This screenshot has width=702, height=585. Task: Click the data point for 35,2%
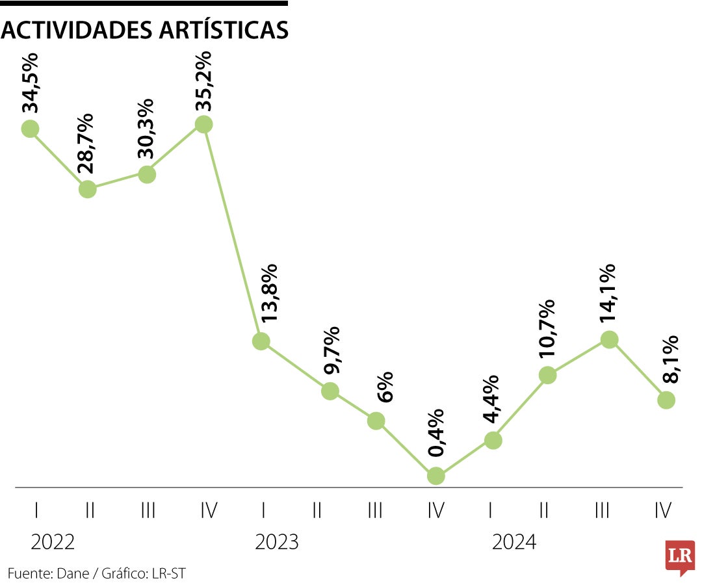203,124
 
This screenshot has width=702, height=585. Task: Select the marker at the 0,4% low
435,476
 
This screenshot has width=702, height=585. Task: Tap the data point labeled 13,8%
261,341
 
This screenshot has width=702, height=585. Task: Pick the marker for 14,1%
609,339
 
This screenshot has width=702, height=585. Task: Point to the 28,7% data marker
88,189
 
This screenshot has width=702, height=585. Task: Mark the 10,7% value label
547,330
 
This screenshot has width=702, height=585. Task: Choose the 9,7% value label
331,352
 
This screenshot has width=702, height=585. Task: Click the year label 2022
53,541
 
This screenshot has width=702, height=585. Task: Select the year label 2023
277,541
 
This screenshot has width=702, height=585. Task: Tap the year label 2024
514,541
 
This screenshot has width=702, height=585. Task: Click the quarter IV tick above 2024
663,511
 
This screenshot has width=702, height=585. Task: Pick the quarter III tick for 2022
148,511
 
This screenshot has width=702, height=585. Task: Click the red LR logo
680,557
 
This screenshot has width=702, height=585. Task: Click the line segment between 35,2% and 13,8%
232,233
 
